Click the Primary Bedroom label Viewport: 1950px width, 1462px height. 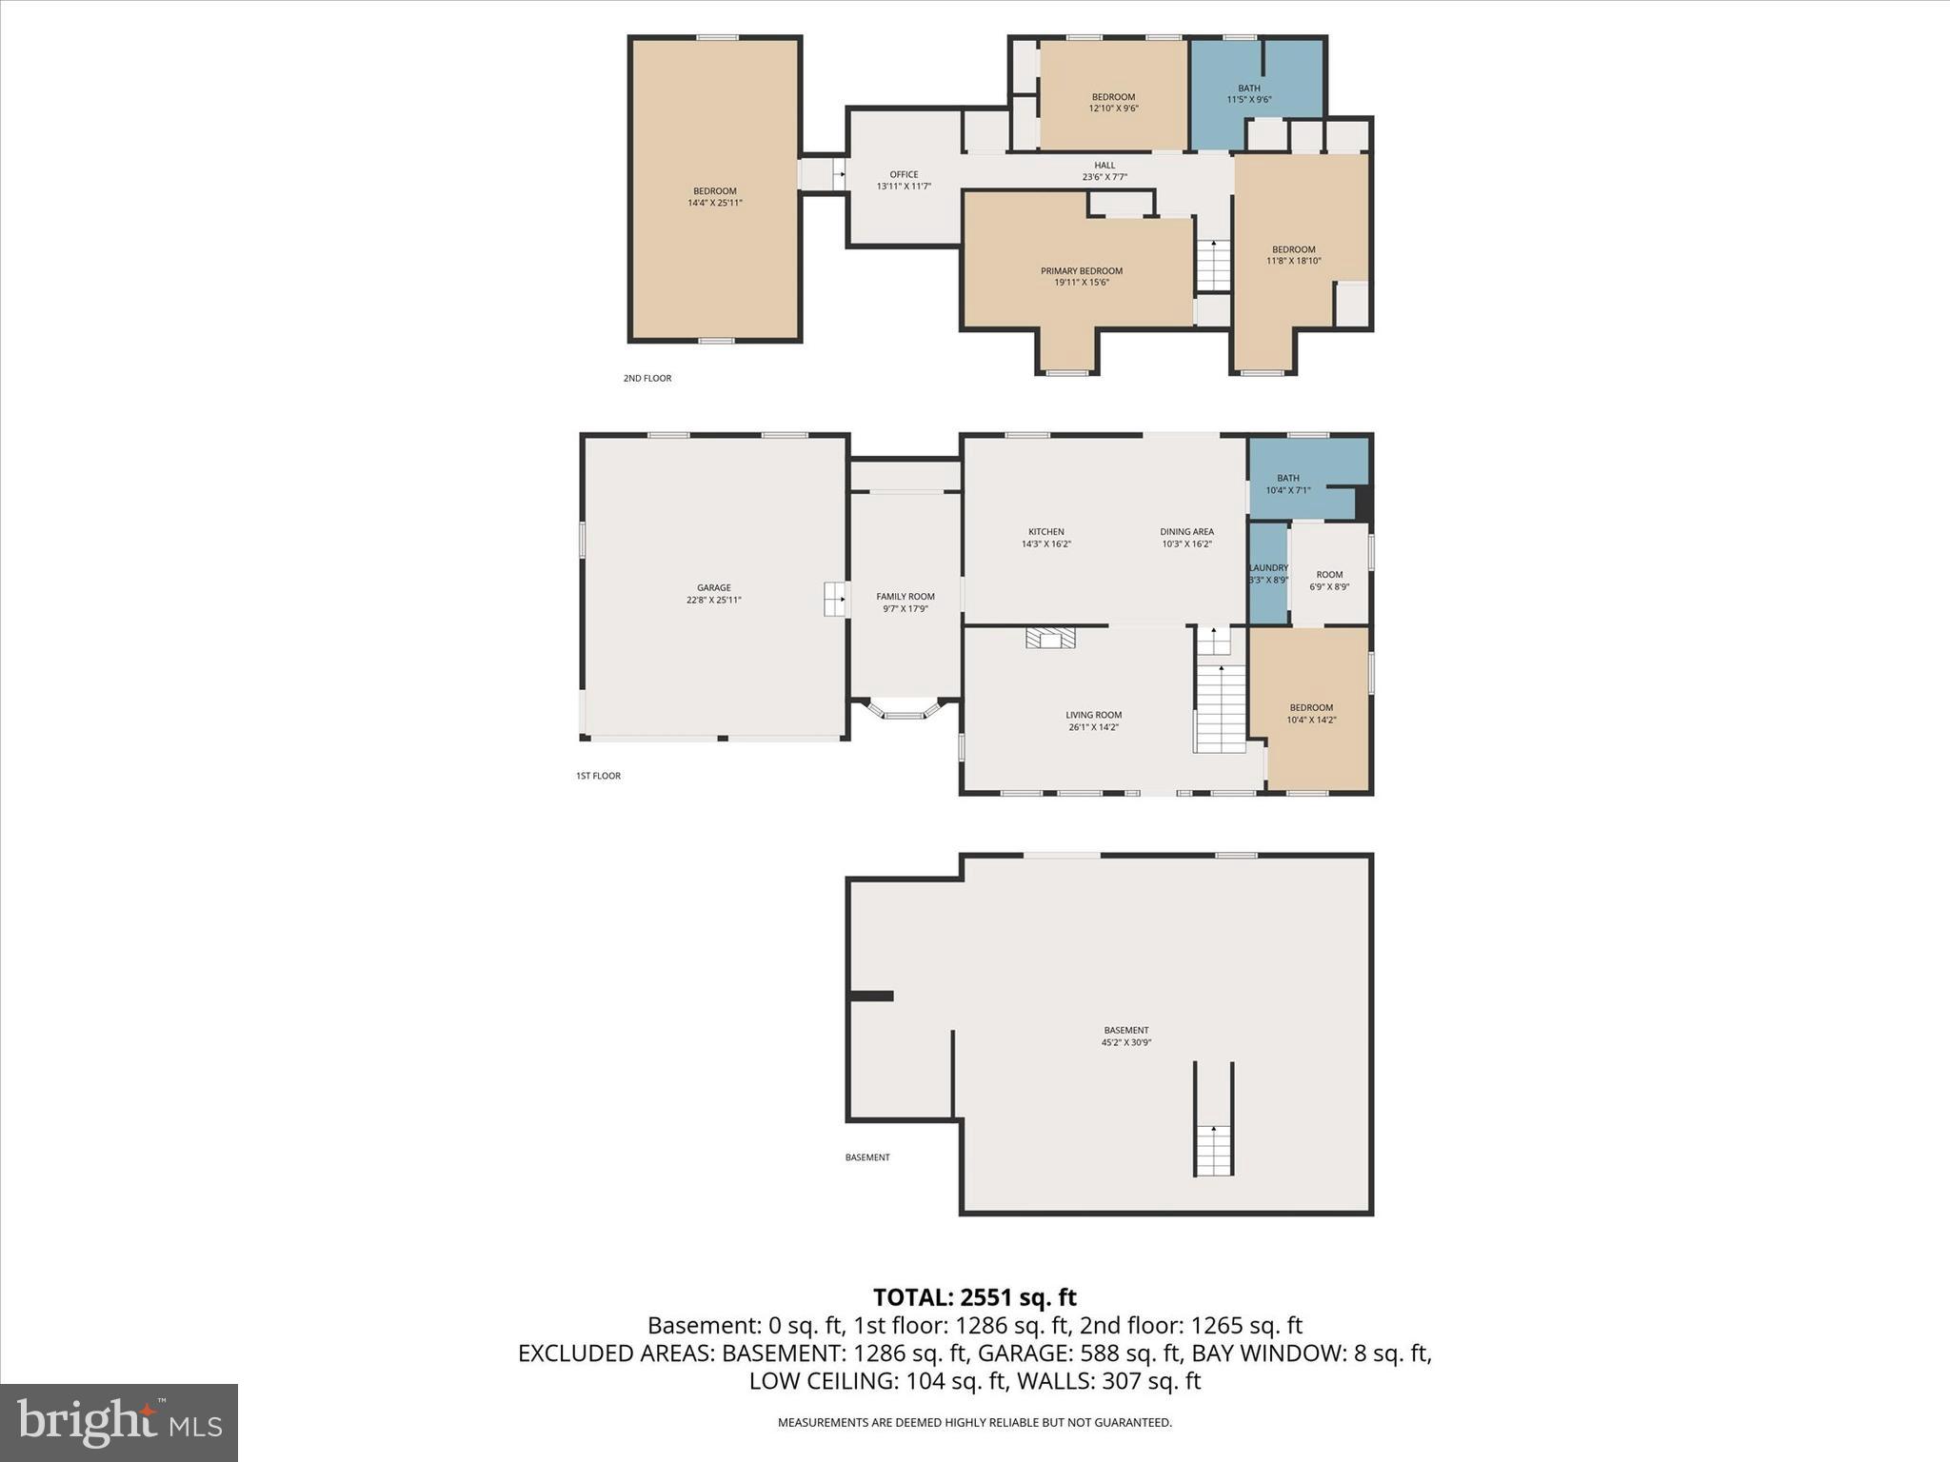point(1081,271)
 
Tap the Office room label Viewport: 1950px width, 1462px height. point(904,174)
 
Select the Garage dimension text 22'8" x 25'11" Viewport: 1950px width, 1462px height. point(714,600)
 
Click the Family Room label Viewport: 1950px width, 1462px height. point(905,597)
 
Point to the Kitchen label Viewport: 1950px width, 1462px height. point(1045,532)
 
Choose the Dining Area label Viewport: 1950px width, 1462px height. point(1186,532)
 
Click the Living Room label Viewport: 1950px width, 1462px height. point(1093,715)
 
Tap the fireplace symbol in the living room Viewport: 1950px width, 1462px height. point(1050,638)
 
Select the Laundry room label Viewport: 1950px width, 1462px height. point(1268,568)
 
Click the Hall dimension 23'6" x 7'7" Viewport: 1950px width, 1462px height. point(1104,177)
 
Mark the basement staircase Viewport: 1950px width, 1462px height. point(1213,1119)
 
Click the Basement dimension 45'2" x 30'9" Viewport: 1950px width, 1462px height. point(1126,1042)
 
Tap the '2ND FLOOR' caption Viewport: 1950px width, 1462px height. point(647,378)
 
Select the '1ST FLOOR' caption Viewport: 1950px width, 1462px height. point(598,776)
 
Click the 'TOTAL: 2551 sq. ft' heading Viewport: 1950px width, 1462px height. point(975,1297)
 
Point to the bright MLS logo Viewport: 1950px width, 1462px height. point(119,1422)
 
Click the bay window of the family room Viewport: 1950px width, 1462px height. point(905,710)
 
